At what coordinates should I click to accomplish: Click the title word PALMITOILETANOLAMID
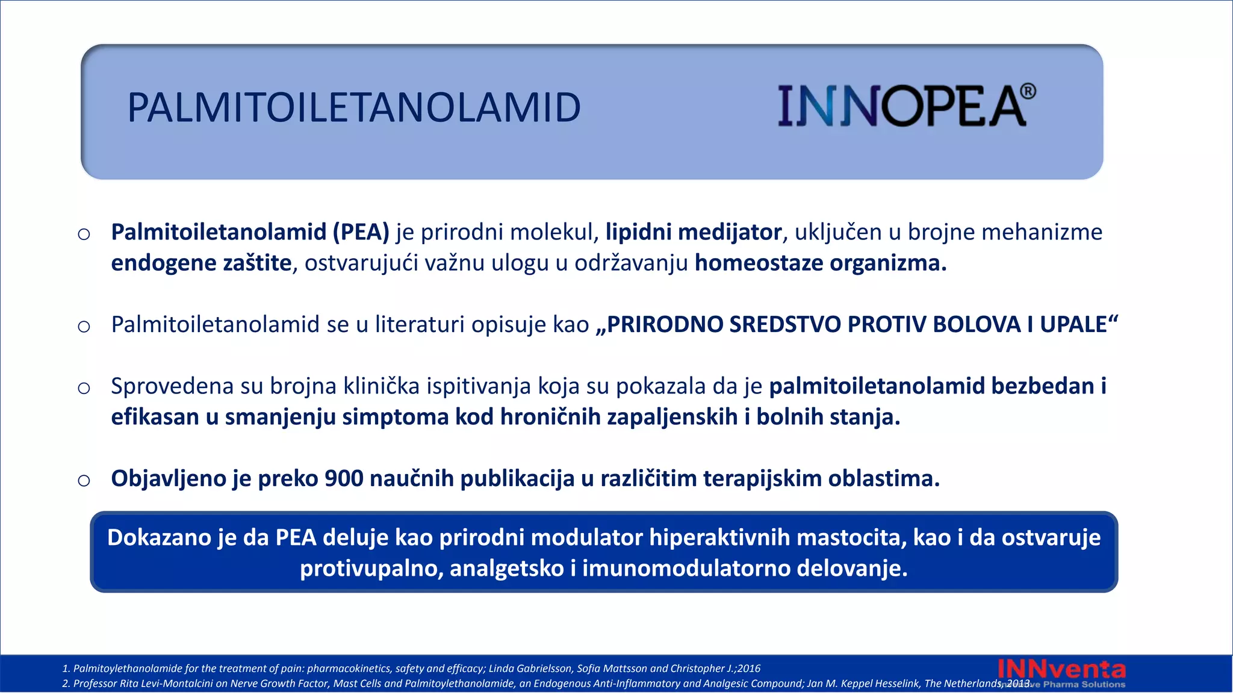point(354,108)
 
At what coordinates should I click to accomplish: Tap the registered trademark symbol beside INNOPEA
point(1028,91)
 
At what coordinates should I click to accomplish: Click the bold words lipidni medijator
point(693,232)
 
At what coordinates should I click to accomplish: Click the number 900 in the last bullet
point(344,479)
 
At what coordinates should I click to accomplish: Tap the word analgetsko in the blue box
point(506,568)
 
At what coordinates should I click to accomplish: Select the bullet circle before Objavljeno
point(84,480)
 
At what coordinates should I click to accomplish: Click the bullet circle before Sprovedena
point(84,387)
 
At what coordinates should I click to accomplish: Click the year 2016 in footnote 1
point(749,668)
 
